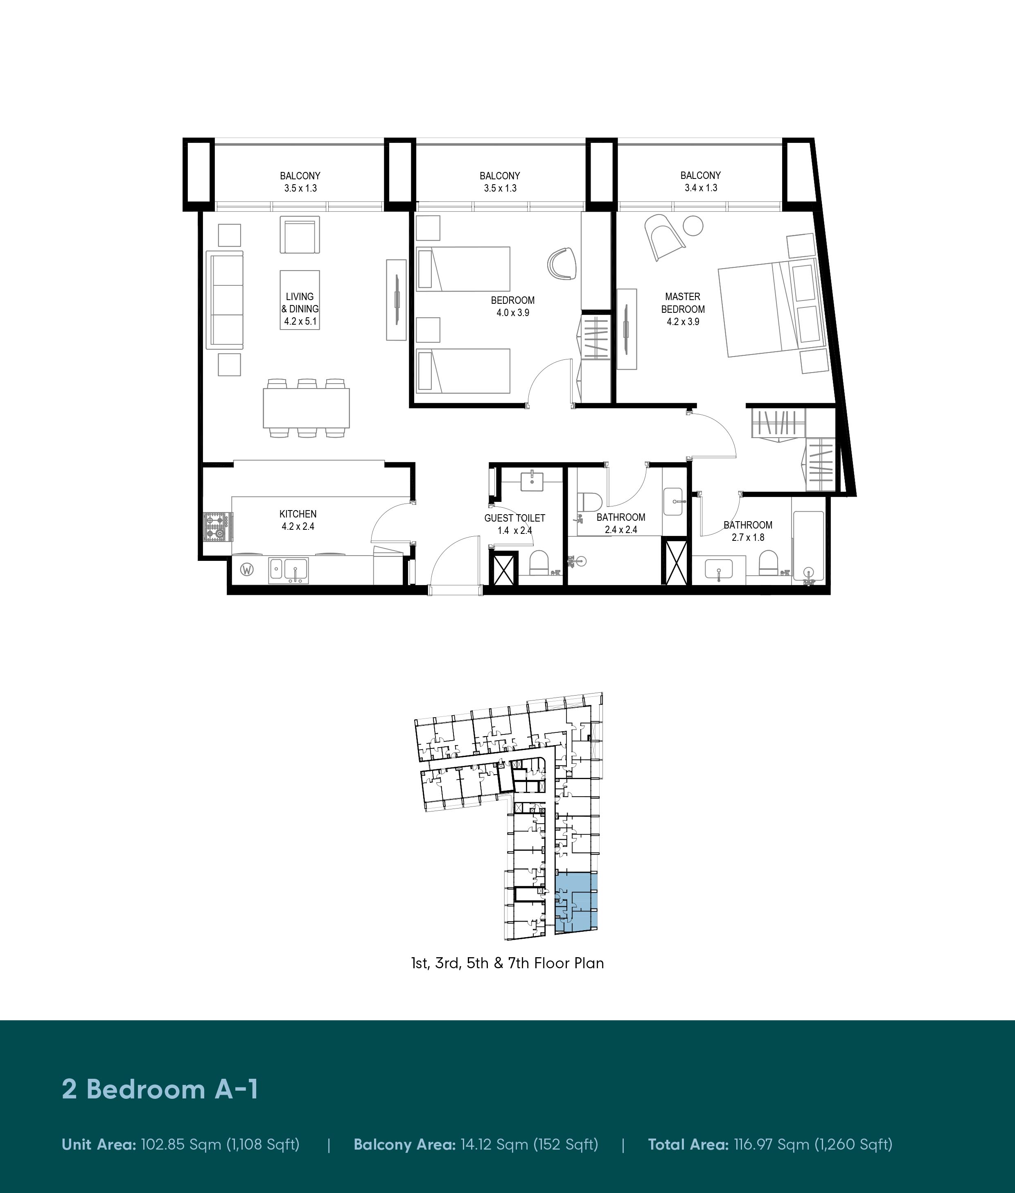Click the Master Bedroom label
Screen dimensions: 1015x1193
point(683,303)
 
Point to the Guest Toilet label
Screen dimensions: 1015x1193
point(514,518)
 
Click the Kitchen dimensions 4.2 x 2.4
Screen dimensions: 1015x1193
point(298,526)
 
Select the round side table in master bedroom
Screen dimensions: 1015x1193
point(693,226)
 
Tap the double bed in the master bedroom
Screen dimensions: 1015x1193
point(774,309)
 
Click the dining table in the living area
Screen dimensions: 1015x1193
point(306,408)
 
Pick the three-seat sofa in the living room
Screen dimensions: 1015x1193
point(225,300)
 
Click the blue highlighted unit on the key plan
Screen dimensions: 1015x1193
point(576,902)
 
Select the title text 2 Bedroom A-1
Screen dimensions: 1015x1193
point(160,1089)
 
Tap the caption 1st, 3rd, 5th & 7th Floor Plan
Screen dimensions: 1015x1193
point(508,963)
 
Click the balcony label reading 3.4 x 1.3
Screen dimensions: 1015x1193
point(701,188)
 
